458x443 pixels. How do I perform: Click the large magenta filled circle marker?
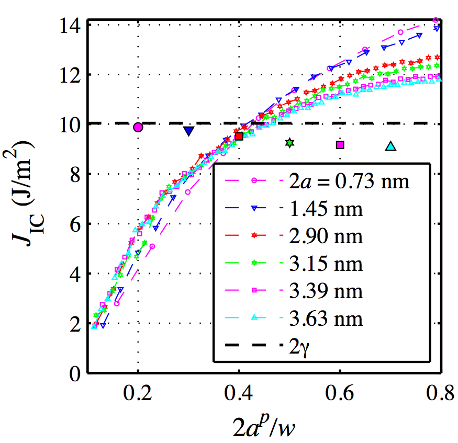point(138,127)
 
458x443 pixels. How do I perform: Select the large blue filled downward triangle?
point(188,131)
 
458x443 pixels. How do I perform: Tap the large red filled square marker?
point(239,137)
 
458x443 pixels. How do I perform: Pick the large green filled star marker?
point(289,142)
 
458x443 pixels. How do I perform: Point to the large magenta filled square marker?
point(340,145)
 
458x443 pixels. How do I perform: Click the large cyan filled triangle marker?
point(390,147)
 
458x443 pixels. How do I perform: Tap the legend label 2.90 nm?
point(323,236)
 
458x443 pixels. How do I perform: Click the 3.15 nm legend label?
point(323,263)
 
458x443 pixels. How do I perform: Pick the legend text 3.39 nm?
point(323,290)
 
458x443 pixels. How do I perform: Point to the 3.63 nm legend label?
point(323,317)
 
